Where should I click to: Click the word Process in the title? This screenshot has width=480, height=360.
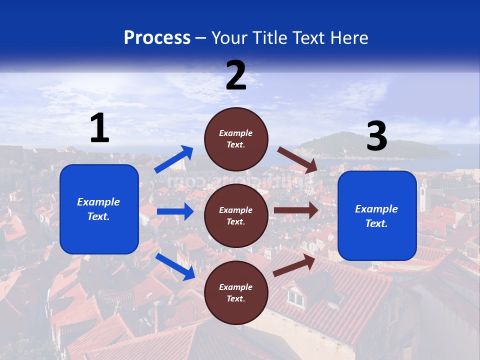157,38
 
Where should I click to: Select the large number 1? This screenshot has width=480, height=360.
99,128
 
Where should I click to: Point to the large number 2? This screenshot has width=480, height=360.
236,75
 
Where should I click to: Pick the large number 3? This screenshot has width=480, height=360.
376,137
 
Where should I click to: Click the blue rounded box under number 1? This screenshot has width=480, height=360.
99,209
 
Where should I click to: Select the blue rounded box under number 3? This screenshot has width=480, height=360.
377,216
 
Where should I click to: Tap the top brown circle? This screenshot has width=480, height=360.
236,139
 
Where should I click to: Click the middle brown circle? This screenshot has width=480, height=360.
236,215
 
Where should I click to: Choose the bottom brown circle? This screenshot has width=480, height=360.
236,292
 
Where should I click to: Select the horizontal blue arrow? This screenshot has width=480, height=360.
175,211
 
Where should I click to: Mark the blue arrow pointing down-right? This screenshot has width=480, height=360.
175,266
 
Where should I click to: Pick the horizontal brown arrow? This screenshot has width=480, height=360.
296,210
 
